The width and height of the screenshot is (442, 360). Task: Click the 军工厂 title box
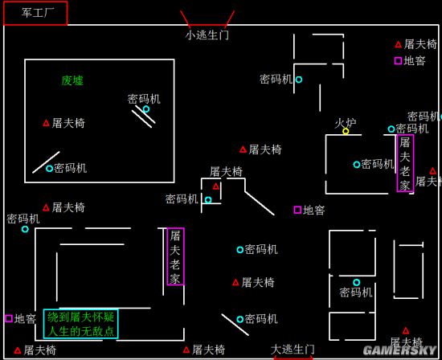[35, 13]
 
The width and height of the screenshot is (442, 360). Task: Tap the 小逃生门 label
[207, 35]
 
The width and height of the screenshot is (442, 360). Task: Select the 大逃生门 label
[293, 350]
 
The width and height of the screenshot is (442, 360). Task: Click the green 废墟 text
[72, 80]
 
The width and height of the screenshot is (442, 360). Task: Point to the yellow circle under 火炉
[346, 131]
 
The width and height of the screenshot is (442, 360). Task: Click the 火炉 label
[346, 123]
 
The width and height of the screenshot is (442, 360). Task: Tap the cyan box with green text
[81, 324]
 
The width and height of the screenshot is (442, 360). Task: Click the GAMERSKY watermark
[400, 350]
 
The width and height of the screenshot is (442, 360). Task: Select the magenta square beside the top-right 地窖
[398, 60]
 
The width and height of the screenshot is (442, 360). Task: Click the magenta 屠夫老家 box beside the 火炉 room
[405, 163]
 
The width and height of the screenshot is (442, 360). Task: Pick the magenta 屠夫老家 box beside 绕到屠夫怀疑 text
[176, 256]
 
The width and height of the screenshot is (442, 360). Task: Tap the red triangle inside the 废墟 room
[46, 123]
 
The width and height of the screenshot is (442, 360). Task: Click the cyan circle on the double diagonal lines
[146, 109]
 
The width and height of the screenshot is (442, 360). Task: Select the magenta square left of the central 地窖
[297, 210]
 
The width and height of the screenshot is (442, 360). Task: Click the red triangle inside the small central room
[216, 186]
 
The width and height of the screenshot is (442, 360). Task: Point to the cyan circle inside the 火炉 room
[357, 165]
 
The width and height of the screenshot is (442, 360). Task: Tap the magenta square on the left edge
[9, 318]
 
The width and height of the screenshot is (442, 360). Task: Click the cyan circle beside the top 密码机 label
[299, 80]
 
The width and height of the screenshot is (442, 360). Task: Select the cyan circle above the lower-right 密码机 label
[357, 282]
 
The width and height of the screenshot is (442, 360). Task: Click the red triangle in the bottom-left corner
[18, 350]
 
